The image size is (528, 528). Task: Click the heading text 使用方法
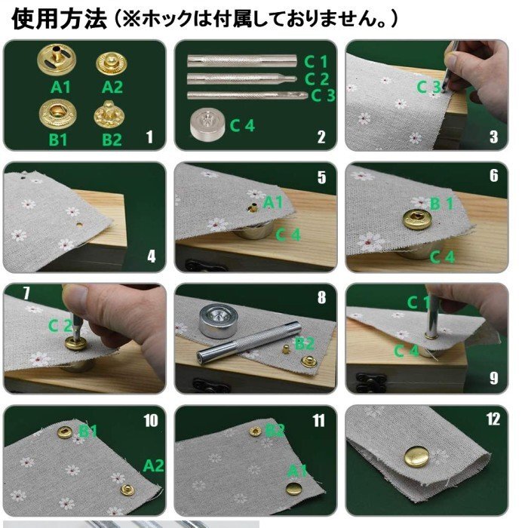click(x=59, y=19)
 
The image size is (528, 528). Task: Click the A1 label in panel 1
click(x=60, y=87)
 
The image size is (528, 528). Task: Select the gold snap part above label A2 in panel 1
click(x=112, y=64)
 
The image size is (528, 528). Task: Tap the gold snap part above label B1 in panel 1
click(x=57, y=114)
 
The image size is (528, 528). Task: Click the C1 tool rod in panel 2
click(x=242, y=61)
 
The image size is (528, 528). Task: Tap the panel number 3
click(x=493, y=137)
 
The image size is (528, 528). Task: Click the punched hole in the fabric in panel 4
click(x=80, y=224)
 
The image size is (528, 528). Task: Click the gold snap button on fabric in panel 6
click(x=417, y=219)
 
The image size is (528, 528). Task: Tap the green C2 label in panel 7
click(x=60, y=326)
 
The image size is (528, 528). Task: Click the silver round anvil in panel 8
click(x=219, y=321)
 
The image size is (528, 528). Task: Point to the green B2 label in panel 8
click(x=305, y=344)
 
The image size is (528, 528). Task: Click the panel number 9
click(x=493, y=378)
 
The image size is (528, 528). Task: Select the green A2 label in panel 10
click(x=154, y=465)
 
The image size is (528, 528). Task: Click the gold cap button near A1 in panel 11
click(x=294, y=488)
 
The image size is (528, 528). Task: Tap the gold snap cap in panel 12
click(x=417, y=456)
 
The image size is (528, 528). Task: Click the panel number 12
click(x=493, y=419)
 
